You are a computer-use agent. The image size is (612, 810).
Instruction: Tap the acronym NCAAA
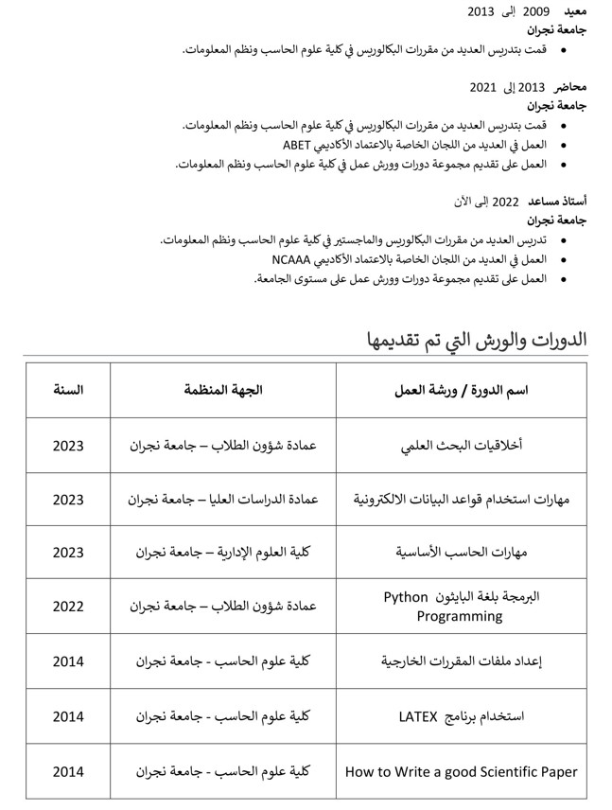tap(293, 259)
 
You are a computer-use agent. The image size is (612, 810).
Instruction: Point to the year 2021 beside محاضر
tap(482, 87)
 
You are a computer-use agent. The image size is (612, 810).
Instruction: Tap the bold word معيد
tap(575, 11)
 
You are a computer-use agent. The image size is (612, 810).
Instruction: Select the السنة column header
tap(68, 390)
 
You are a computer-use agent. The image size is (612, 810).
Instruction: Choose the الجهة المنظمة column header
tap(222, 390)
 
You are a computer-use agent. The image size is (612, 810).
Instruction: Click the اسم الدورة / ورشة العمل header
tap(461, 390)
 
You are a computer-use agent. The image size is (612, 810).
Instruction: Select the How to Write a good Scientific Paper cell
tap(461, 771)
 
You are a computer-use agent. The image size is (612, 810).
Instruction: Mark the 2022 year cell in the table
tap(68, 607)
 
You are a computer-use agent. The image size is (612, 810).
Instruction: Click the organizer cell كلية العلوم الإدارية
tap(222, 553)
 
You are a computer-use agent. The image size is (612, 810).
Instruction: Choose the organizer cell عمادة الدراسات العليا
tap(222, 499)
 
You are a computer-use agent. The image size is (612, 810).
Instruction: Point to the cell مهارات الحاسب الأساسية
tap(461, 553)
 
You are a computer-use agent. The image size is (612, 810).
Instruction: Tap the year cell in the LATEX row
tap(68, 716)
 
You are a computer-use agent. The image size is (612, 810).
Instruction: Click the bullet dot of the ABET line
tap(566, 146)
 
